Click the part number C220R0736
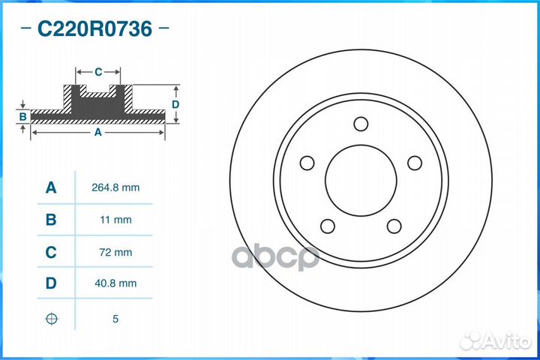[94, 30]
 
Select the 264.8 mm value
[115, 187]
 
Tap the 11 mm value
[115, 220]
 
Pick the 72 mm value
[115, 253]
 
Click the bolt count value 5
[115, 319]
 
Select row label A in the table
[51, 187]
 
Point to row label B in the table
[51, 220]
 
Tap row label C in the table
[51, 253]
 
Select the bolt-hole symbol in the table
[51, 319]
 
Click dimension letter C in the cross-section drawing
[98, 72]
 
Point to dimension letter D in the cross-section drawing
[175, 104]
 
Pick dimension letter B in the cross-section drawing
[22, 116]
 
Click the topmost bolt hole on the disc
[360, 124]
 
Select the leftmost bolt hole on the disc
[306, 163]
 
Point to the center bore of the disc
[360, 180]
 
